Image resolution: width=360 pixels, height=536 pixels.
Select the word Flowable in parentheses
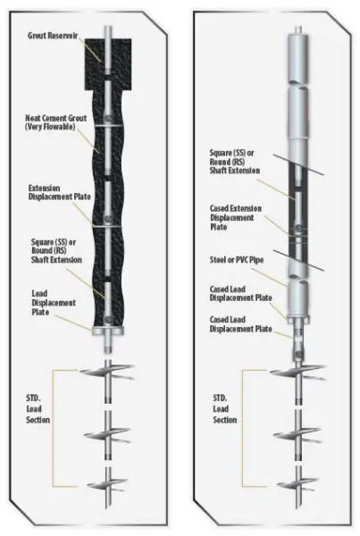(69, 128)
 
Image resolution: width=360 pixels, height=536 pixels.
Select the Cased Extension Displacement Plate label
(231, 217)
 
